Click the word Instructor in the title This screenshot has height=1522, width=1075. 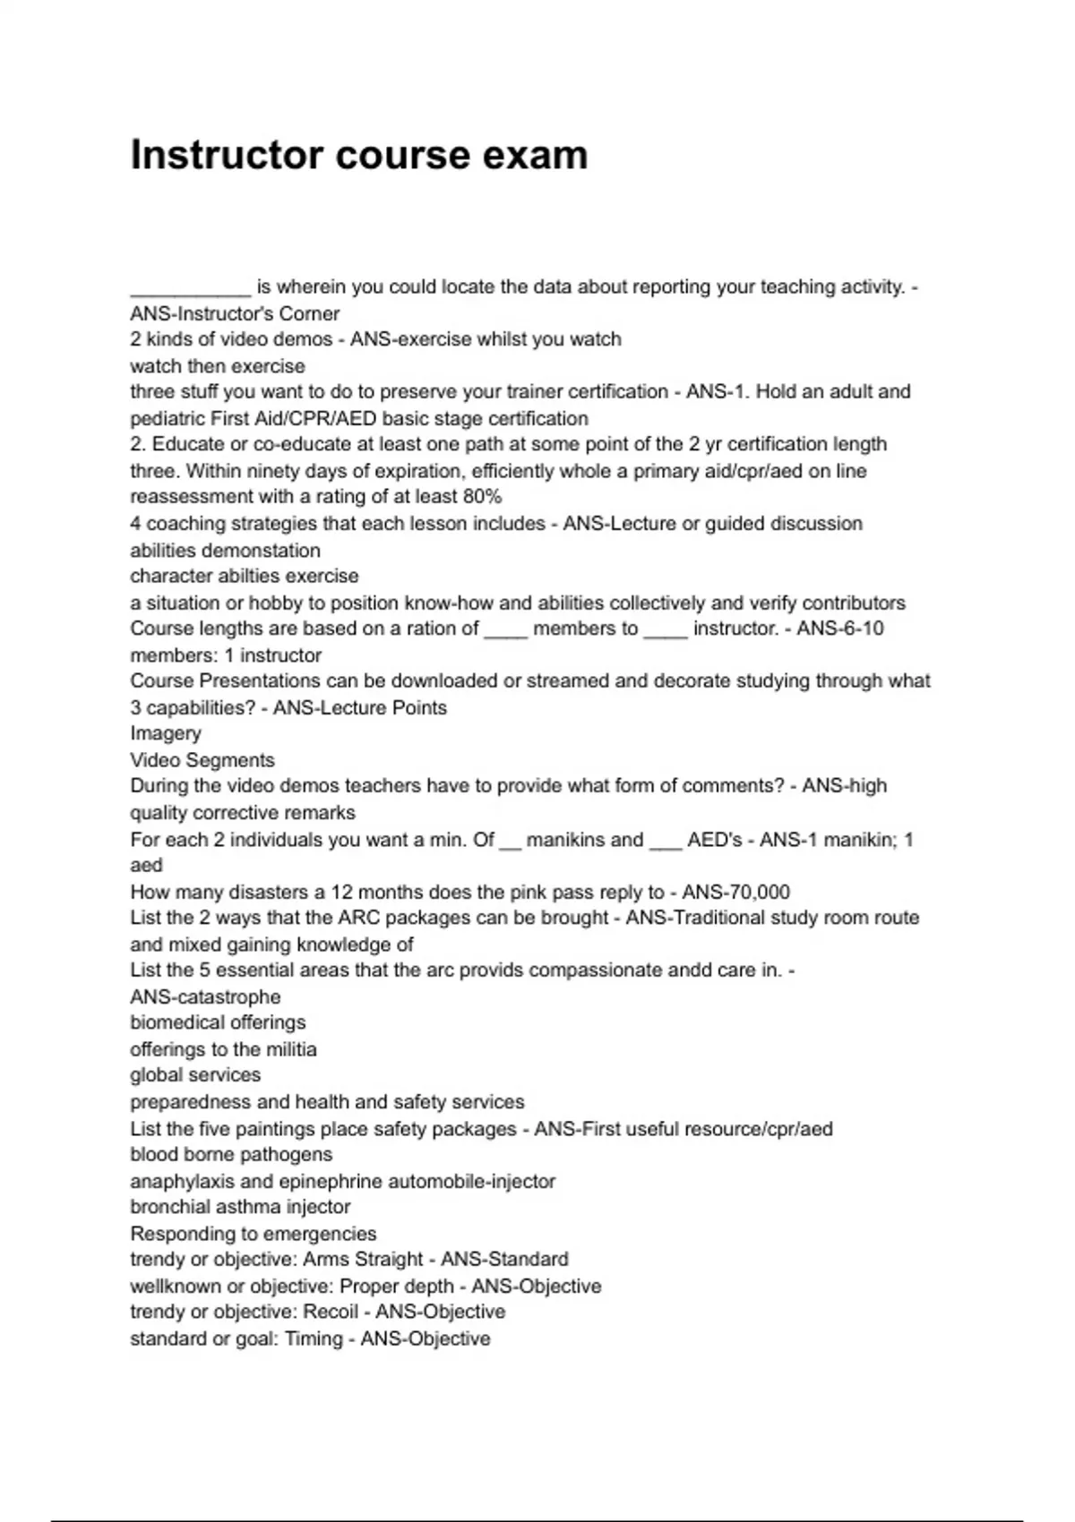pos(227,155)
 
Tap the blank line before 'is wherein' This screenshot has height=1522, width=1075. pos(190,288)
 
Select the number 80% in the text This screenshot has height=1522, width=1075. pos(483,497)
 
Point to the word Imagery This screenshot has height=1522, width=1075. pos(166,733)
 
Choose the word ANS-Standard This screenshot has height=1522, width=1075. pos(504,1260)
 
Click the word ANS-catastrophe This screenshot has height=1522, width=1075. pos(205,997)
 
